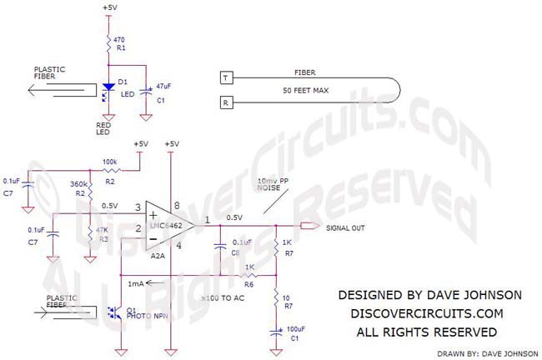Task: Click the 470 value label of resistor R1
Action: click(120, 38)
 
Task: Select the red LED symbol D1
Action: click(108, 87)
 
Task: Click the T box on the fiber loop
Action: click(224, 78)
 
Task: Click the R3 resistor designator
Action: click(102, 239)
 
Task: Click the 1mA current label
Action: click(134, 284)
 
